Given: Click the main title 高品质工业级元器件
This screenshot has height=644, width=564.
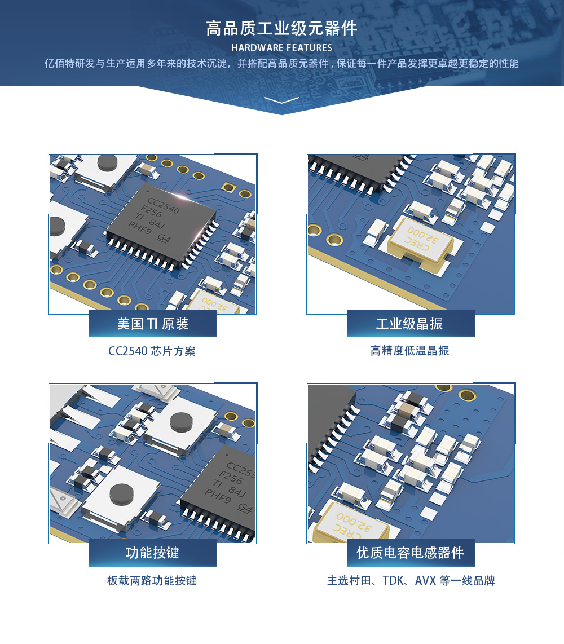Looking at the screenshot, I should (x=281, y=29).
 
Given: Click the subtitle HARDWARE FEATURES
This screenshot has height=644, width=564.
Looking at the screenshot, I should (x=281, y=48).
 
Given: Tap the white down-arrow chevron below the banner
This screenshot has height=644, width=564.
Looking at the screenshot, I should (x=281, y=100).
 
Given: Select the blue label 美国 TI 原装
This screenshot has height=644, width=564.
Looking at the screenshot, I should (x=152, y=324).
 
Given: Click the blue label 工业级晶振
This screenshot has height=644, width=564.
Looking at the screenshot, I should (x=410, y=324).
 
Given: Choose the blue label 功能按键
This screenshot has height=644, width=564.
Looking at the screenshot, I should (x=152, y=553).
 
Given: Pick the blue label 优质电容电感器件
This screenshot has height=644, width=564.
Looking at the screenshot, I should (x=410, y=553).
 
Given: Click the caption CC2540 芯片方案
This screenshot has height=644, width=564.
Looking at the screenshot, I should (x=152, y=351).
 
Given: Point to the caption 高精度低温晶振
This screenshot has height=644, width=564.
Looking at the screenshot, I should (x=410, y=351).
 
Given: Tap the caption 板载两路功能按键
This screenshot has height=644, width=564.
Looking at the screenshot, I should (x=152, y=580).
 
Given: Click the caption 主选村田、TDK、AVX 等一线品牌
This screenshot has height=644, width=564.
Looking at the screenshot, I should (x=411, y=580).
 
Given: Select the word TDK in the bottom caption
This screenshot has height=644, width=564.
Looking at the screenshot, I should (x=394, y=580).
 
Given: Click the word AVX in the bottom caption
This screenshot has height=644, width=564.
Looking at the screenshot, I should (x=425, y=580).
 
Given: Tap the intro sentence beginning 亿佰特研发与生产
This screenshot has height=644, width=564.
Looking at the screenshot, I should (x=281, y=63).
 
